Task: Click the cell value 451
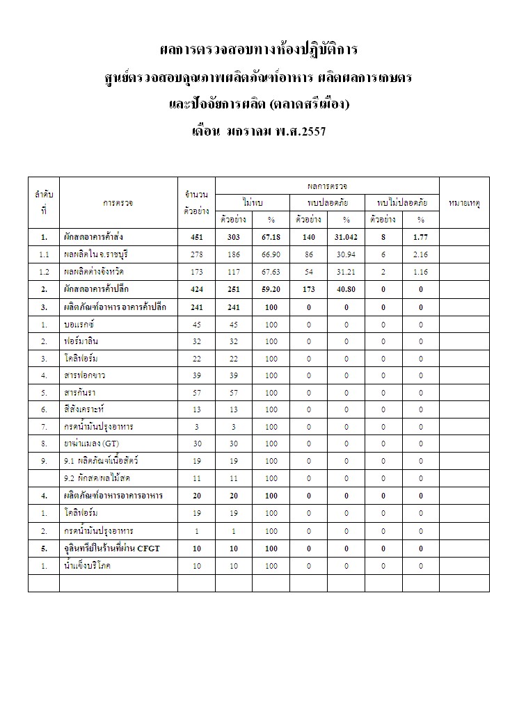196,237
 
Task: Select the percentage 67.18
271,237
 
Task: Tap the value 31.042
346,237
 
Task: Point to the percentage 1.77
420,237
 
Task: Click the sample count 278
196,254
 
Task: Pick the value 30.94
346,254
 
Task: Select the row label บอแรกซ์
80,323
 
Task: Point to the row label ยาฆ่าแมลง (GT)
91,444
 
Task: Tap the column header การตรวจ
118,203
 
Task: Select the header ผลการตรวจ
327,186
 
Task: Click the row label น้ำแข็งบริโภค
87,566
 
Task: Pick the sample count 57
196,392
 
